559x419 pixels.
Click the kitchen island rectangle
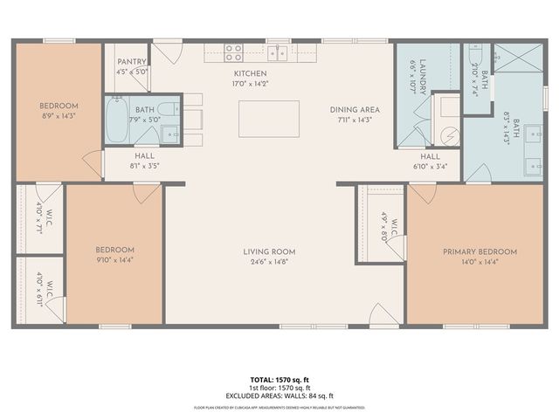click(x=269, y=119)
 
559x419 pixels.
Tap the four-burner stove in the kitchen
click(x=233, y=52)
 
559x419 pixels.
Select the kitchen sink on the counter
click(x=279, y=52)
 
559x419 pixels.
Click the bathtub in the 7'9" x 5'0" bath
click(x=118, y=122)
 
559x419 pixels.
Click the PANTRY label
click(x=131, y=63)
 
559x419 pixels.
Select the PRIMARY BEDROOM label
click(x=480, y=251)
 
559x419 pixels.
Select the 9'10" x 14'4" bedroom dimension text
click(x=114, y=259)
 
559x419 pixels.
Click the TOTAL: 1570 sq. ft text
click(x=279, y=380)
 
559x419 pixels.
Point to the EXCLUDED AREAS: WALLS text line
click(x=279, y=395)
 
